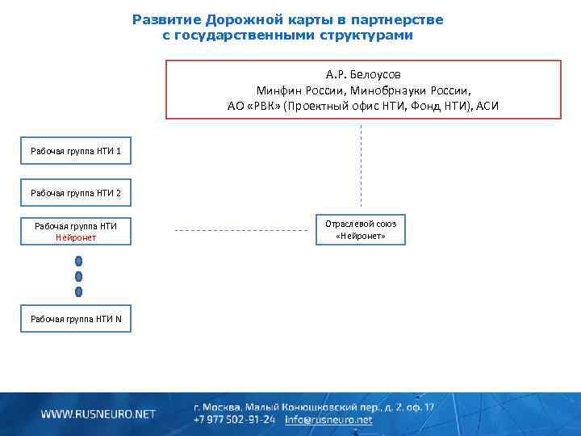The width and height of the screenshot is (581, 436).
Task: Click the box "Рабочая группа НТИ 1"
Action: click(x=76, y=151)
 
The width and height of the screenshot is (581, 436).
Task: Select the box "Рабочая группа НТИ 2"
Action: click(x=76, y=193)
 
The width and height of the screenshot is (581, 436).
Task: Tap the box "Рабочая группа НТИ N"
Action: click(x=76, y=319)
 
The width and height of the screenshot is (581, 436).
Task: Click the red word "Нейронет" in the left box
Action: click(x=76, y=237)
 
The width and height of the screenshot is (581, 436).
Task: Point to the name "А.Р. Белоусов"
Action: click(x=363, y=74)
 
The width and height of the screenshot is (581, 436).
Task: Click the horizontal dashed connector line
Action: click(x=242, y=231)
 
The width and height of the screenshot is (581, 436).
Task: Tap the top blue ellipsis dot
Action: click(x=78, y=262)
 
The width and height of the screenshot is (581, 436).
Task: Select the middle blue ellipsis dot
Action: click(x=78, y=276)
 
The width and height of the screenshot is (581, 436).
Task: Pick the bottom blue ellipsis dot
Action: click(x=78, y=291)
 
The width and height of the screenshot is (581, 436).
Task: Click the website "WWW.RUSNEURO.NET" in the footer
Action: click(x=98, y=414)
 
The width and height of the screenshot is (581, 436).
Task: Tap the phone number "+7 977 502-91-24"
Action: click(x=235, y=420)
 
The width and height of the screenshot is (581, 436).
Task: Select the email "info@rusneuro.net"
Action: click(x=329, y=420)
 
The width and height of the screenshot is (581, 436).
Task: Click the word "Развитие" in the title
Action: click(x=167, y=19)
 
